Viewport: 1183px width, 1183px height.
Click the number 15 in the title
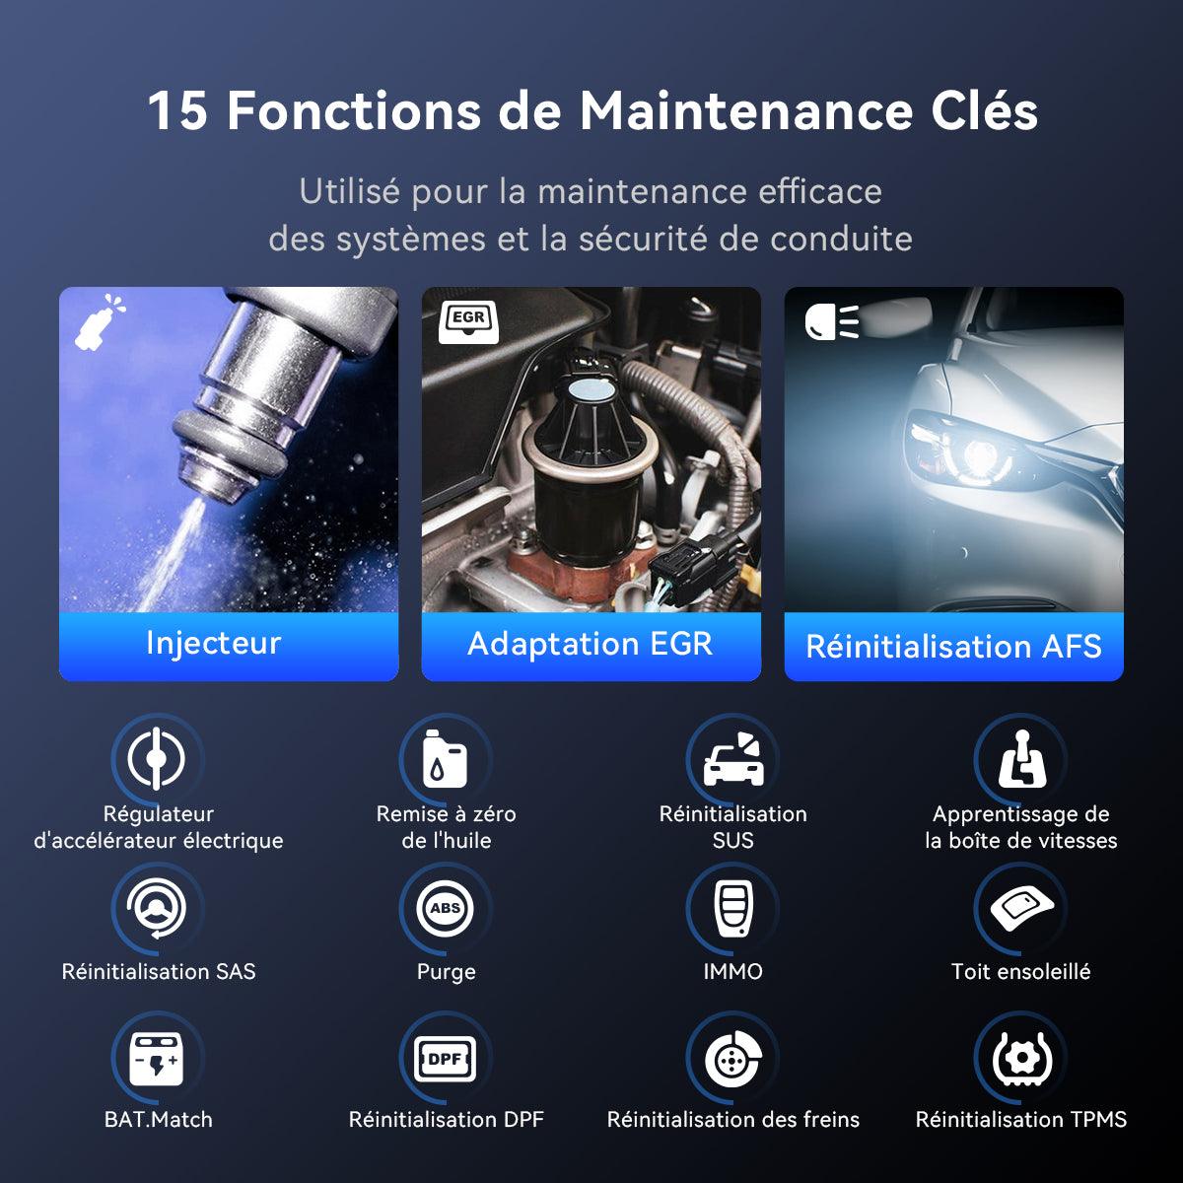point(177,111)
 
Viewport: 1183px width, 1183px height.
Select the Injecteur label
point(214,644)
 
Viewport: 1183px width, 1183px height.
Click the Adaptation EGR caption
point(590,645)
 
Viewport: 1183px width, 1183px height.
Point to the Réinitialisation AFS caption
point(953,647)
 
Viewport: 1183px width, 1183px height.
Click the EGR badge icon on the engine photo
point(468,321)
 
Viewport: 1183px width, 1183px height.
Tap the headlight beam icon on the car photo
point(832,321)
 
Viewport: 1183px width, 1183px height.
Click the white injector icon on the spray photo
point(100,321)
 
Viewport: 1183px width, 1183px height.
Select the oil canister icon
point(445,759)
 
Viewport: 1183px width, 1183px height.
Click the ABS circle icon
point(445,908)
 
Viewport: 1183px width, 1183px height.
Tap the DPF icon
point(445,1059)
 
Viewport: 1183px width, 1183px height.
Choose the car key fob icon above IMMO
point(733,909)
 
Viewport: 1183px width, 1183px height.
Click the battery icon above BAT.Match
point(157,1059)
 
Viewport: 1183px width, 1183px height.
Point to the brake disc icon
point(733,1059)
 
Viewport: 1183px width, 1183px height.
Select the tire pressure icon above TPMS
point(1022,1059)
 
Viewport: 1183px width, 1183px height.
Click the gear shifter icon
point(1022,759)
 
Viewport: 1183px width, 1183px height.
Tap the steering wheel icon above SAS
point(157,909)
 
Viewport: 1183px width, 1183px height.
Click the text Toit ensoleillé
point(1021,972)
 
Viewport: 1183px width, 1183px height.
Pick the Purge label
point(447,973)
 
